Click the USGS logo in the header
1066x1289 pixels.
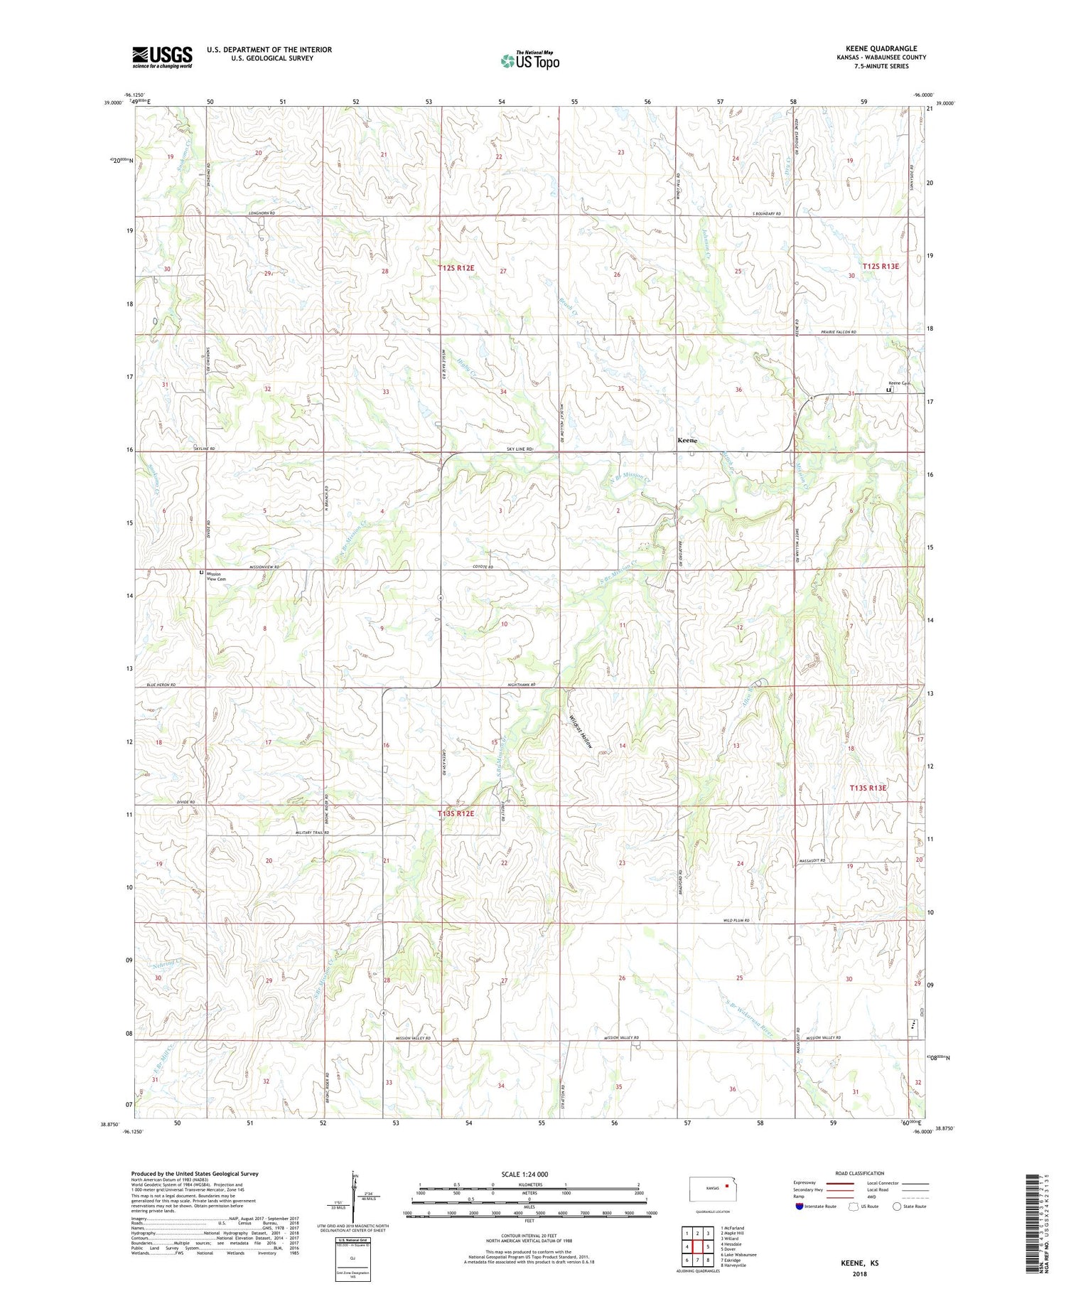pos(162,57)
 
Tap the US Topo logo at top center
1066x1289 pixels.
pos(530,61)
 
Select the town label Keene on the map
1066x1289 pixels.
pos(687,441)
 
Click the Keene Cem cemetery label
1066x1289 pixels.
pos(899,384)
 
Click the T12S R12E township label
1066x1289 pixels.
pos(456,268)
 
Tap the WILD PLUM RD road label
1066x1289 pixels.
pos(737,920)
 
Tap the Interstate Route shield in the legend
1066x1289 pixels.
pos(800,1206)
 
